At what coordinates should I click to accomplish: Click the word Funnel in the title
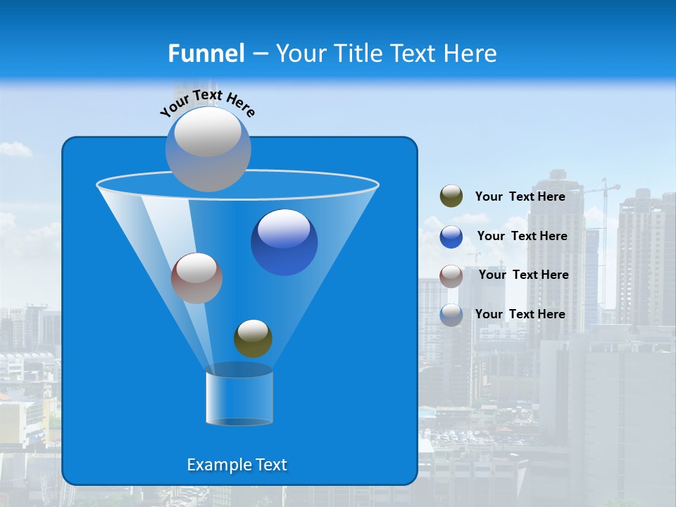tap(206, 54)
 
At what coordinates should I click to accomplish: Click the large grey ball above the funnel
tap(208, 149)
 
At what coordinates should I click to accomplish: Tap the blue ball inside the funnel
tap(284, 242)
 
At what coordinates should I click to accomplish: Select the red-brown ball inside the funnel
tap(196, 278)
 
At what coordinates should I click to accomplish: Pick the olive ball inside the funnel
tap(253, 339)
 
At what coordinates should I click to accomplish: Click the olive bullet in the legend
tap(451, 196)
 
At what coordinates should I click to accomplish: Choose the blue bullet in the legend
tap(451, 236)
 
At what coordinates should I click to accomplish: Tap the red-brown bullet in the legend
tap(451, 275)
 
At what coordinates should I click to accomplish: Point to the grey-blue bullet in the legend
tap(451, 315)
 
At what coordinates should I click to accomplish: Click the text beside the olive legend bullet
tap(520, 196)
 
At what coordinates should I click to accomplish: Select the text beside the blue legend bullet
tap(522, 236)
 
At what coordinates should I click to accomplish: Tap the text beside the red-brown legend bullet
tap(523, 275)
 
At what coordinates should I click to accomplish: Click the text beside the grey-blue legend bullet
tap(520, 314)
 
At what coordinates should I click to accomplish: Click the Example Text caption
tap(237, 465)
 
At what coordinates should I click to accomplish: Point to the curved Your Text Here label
tap(207, 103)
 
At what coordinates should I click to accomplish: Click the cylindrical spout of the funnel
tap(239, 398)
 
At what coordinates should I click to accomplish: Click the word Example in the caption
tap(214, 465)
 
